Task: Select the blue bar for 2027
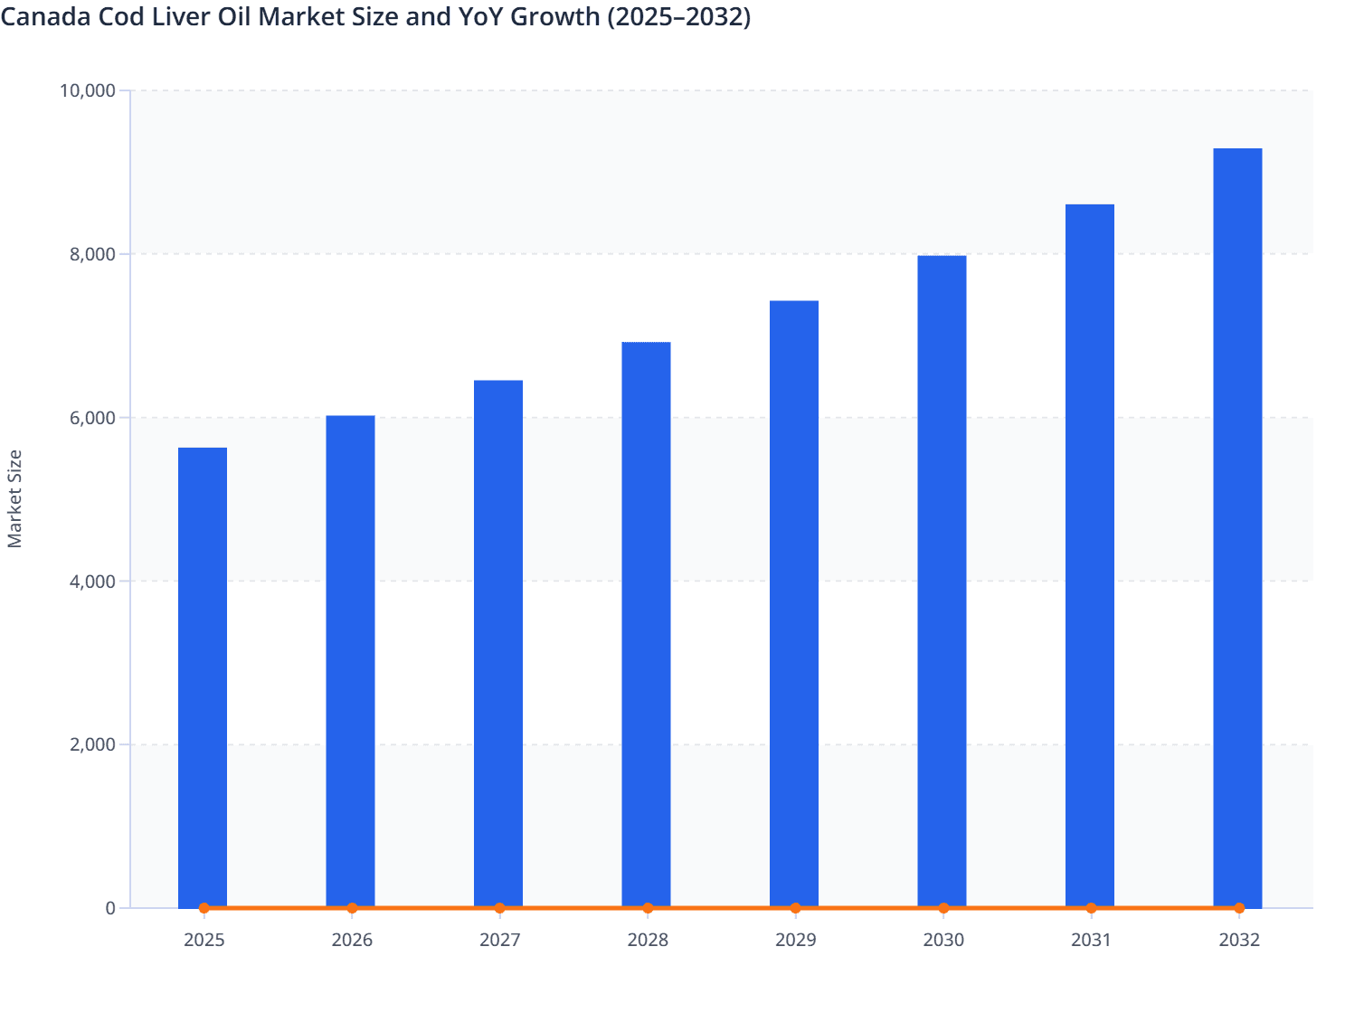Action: (x=498, y=643)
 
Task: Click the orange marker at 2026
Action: (x=352, y=908)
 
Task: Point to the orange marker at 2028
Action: (x=648, y=908)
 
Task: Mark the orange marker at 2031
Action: (x=1091, y=908)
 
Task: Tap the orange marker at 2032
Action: (x=1239, y=908)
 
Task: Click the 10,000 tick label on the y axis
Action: (x=87, y=90)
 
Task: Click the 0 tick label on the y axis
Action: (x=110, y=908)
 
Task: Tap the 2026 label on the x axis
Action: (x=352, y=940)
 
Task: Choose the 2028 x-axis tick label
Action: (x=648, y=940)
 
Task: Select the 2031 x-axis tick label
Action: (x=1091, y=940)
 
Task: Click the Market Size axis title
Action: (x=14, y=498)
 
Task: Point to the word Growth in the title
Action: (x=555, y=17)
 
